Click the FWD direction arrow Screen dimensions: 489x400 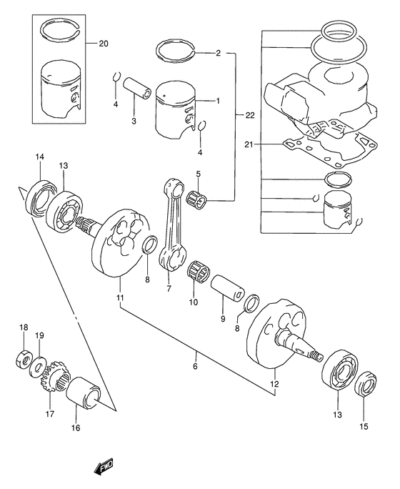coord(103,468)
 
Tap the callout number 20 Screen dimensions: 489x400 coord(103,44)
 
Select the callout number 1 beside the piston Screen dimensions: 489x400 coord(217,101)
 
